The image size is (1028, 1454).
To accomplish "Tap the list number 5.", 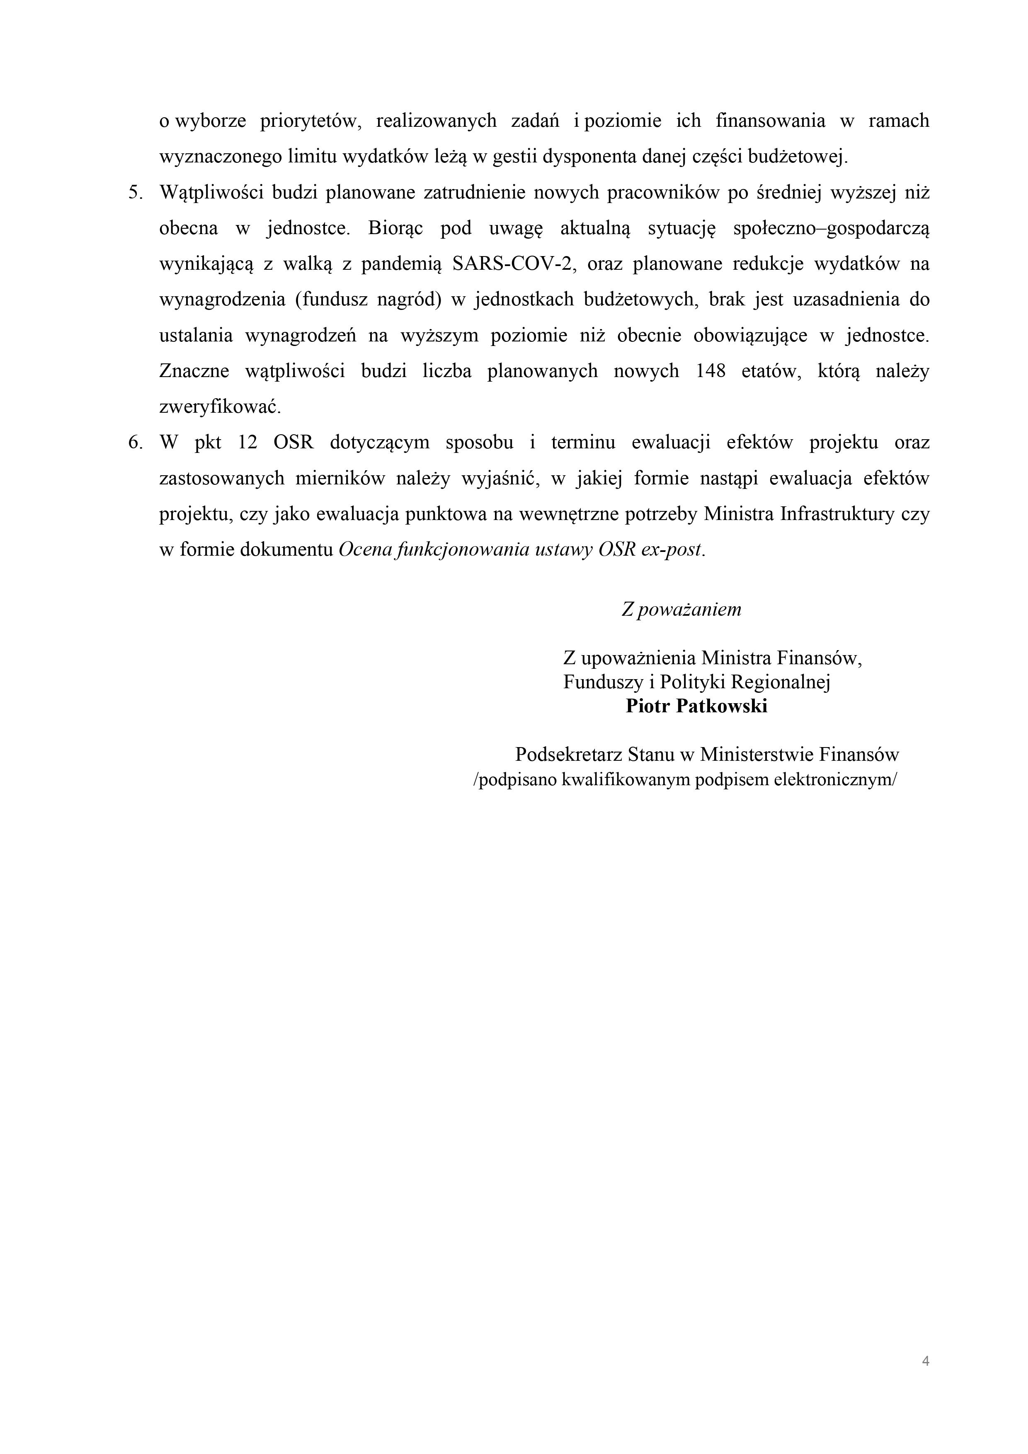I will pos(136,193).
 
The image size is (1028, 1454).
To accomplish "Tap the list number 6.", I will pos(136,442).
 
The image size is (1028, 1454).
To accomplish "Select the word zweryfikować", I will pos(220,406).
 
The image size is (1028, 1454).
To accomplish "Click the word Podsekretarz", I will pos(568,754).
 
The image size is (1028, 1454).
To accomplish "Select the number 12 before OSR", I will pos(247,442).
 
